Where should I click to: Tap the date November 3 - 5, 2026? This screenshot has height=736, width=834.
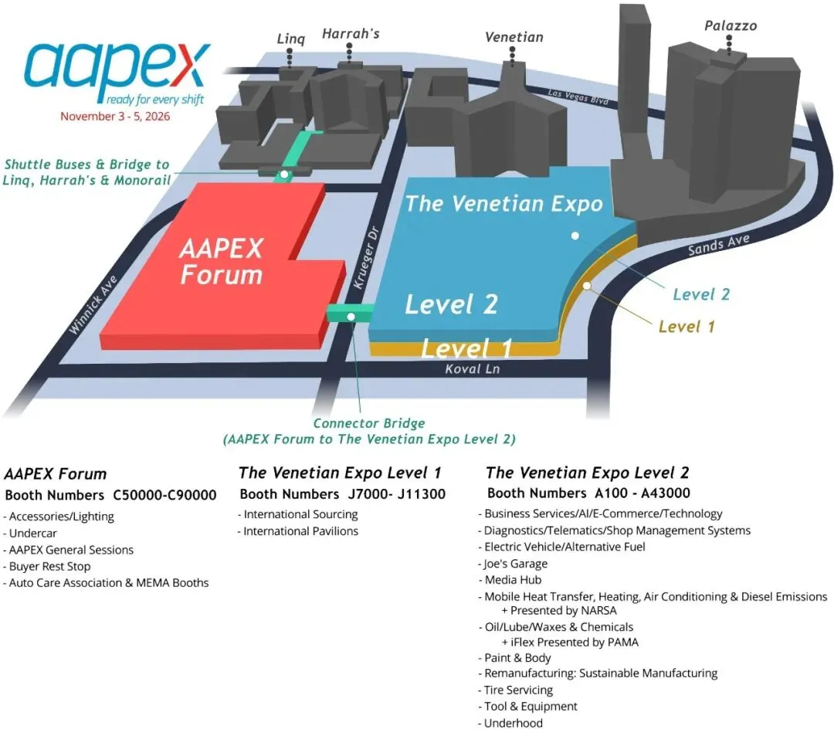tap(115, 117)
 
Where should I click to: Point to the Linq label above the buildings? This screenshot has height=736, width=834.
tap(291, 38)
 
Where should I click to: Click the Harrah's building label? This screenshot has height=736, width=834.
tap(351, 34)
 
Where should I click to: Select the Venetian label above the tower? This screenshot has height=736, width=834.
tap(514, 37)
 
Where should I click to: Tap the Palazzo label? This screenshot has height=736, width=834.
tap(730, 26)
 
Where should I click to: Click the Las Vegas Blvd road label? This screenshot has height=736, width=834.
tap(578, 97)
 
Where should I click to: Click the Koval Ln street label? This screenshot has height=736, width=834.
tap(473, 369)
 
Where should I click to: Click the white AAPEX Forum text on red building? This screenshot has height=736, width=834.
tap(221, 261)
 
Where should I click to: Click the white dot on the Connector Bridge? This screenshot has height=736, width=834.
tap(351, 316)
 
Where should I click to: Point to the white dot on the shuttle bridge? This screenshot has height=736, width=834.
tap(284, 175)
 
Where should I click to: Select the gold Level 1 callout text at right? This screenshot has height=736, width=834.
tap(687, 327)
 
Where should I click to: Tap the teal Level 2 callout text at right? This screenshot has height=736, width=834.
tap(700, 294)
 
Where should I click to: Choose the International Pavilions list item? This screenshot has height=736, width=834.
tap(300, 531)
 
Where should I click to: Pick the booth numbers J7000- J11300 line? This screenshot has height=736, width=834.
tap(342, 494)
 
